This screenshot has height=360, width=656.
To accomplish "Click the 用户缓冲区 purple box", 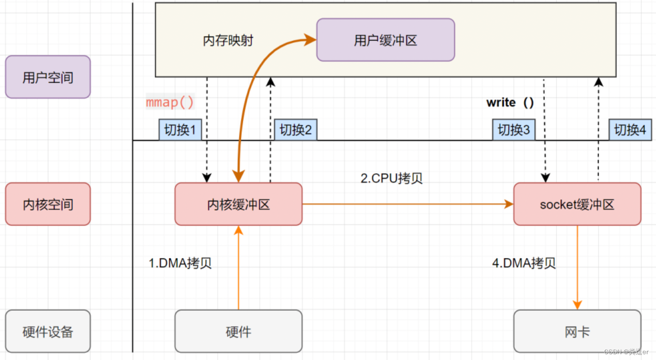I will tap(385, 40).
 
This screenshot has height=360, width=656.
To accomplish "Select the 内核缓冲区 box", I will tap(238, 204).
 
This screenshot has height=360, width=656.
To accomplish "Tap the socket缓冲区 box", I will tap(577, 204).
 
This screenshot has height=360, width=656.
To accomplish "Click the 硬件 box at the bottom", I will tap(238, 331).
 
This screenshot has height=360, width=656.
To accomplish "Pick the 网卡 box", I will tap(577, 331).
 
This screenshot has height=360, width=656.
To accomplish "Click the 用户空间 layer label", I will tap(47, 77).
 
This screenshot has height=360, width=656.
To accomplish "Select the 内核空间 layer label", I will tap(47, 204).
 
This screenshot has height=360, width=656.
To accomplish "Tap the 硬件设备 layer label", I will tap(47, 331).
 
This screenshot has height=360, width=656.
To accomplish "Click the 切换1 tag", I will tap(180, 130).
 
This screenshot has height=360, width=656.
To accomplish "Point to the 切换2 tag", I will tap(296, 130).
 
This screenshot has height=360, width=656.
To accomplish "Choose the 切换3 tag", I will tap(514, 130).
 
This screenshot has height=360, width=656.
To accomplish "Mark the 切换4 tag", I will tap(629, 130).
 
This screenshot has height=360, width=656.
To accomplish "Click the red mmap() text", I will tap(170, 102).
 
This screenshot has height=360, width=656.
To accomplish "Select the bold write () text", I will tap(510, 102).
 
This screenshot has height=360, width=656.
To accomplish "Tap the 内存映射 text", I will tap(228, 40).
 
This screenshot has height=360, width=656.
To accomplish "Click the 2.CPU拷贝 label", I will tap(391, 178).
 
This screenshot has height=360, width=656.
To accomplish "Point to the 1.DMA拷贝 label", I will tap(180, 263).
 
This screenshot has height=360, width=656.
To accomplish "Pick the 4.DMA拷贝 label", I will tap(524, 263).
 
